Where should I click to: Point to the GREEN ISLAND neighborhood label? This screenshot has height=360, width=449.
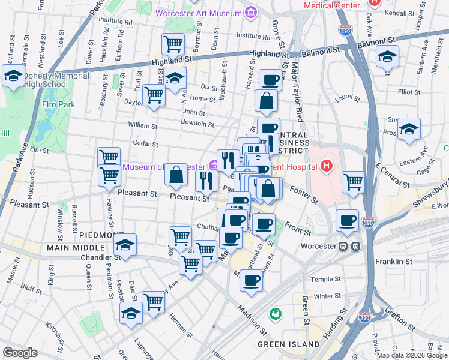(289, 344)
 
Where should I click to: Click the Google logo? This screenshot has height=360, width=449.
(20, 353)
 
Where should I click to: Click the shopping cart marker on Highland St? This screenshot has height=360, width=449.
(173, 43)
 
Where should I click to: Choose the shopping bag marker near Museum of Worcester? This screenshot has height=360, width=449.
(176, 175)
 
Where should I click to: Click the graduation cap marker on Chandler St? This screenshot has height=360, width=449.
(125, 244)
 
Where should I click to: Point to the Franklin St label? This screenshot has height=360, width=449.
(394, 262)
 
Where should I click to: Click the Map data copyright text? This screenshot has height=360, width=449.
(411, 355)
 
